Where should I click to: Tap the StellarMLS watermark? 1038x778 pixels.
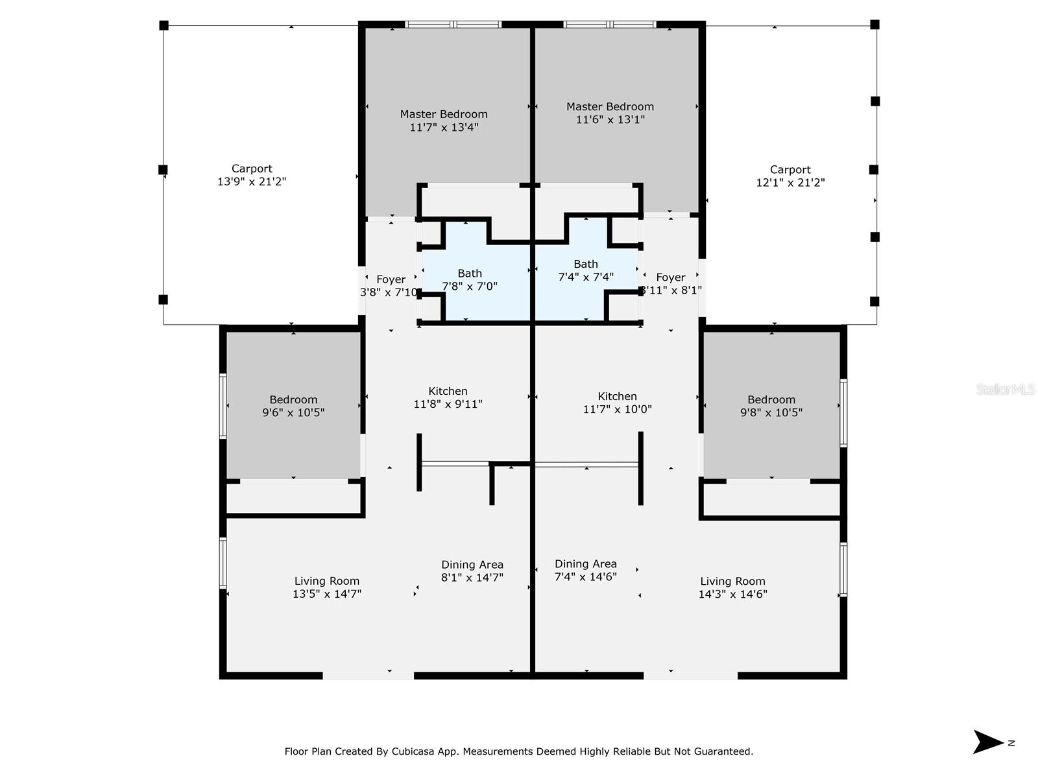pos(1006,389)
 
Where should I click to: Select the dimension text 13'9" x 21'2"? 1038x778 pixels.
pos(252,182)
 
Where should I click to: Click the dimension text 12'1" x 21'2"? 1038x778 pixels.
pos(790,183)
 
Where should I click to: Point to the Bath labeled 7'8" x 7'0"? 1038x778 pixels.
pos(470,279)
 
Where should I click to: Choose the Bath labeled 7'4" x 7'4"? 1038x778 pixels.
pos(585,270)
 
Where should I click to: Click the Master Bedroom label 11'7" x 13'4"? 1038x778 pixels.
pos(444,121)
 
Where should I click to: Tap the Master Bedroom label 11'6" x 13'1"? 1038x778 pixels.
pos(610,113)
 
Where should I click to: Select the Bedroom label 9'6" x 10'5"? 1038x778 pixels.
pos(293,406)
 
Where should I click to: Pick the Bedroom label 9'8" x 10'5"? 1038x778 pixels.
pos(771,406)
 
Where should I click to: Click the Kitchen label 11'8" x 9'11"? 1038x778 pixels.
pos(448,397)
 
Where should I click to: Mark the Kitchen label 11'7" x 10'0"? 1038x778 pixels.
pos(617,403)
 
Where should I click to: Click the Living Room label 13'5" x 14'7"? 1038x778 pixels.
pos(326,587)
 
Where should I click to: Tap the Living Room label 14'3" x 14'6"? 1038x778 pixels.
pos(732,587)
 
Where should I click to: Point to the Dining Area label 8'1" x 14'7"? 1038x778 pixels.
pos(472,571)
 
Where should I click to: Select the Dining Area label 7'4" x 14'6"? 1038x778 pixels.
pos(585,570)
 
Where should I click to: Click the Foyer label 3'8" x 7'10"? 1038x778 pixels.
pos(391,286)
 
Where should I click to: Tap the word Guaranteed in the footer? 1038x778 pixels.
pos(723,751)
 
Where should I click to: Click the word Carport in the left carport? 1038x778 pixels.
pos(252,169)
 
